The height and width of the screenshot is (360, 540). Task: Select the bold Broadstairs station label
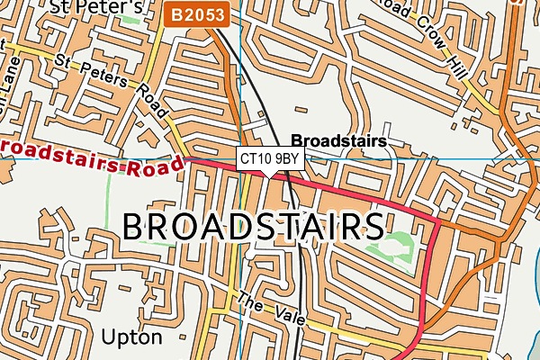[338, 141]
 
